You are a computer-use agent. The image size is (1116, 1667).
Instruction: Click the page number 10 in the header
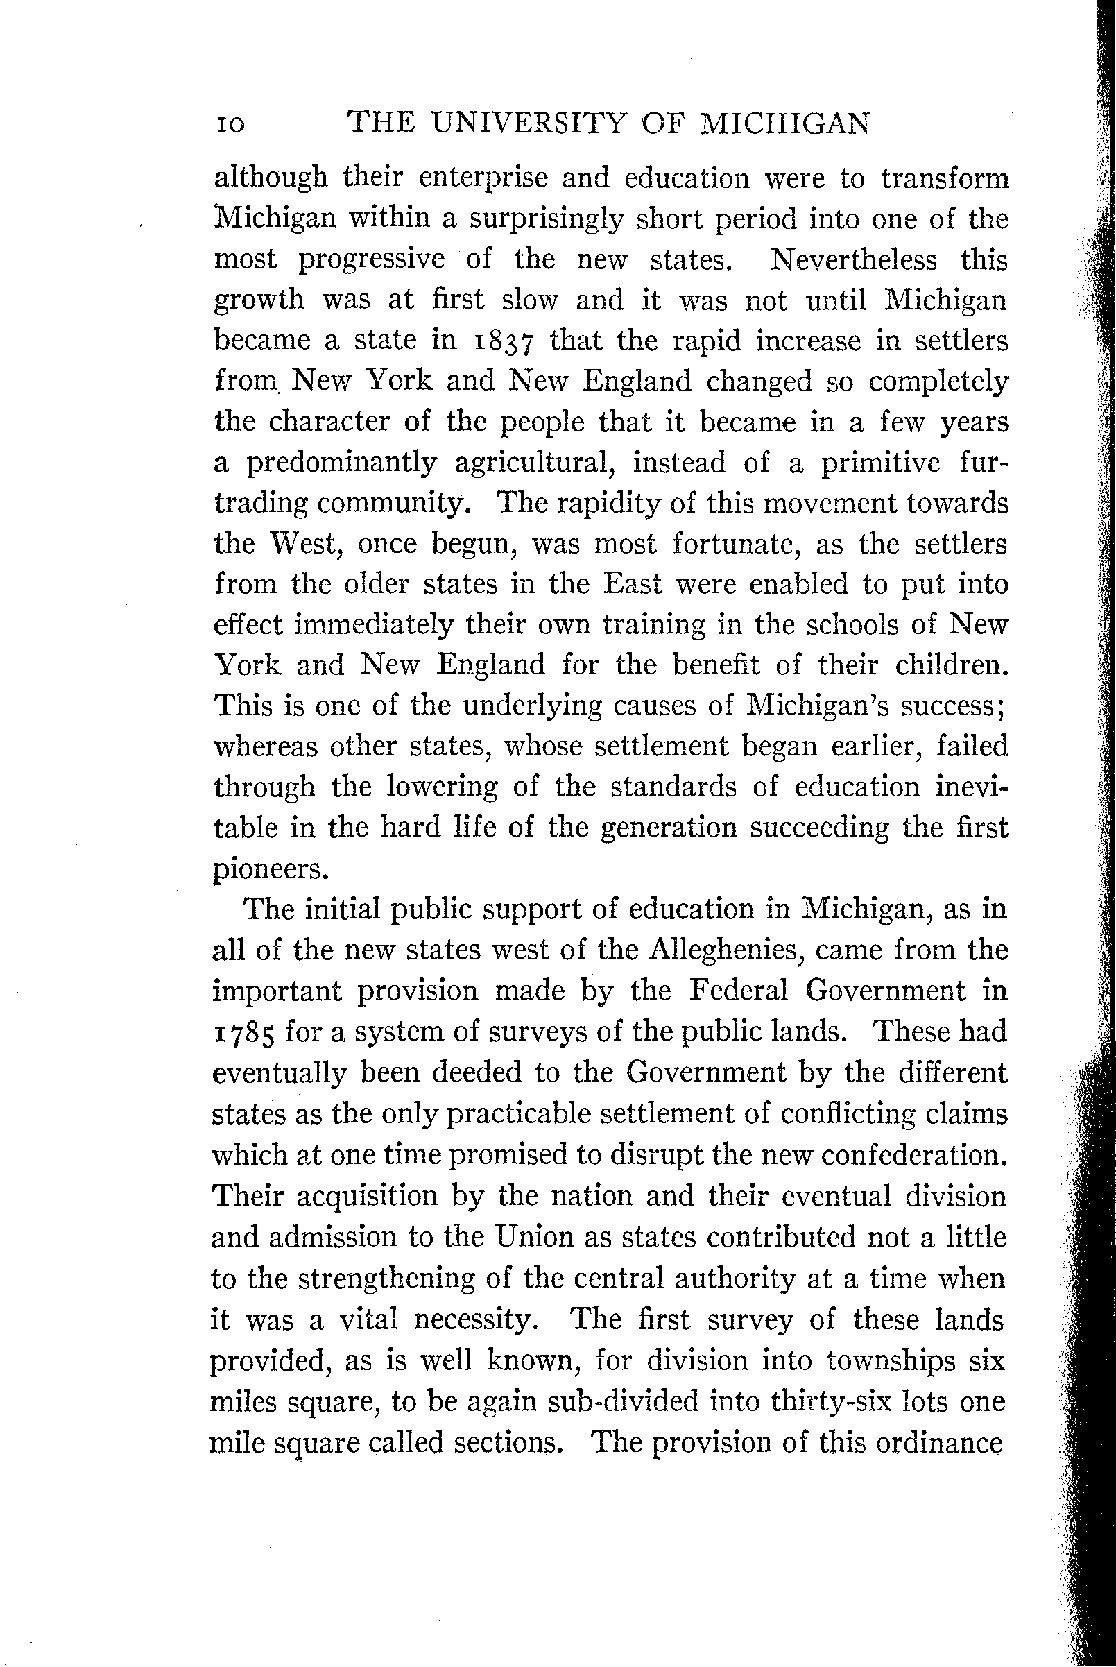click(x=230, y=126)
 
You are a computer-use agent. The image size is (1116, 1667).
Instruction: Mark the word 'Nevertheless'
click(x=853, y=259)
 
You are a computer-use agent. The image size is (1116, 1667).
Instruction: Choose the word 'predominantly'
click(x=342, y=463)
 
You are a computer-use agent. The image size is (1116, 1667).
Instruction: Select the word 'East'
click(x=632, y=584)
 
